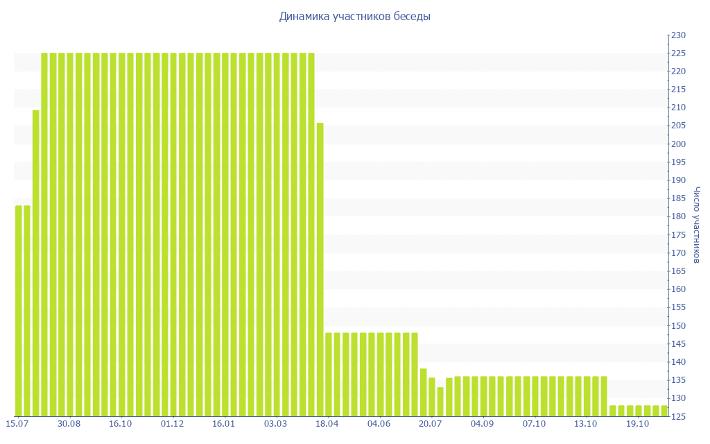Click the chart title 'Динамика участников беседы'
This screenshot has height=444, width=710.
click(354, 17)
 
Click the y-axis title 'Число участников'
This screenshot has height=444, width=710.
click(697, 225)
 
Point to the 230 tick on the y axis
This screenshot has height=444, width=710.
click(677, 35)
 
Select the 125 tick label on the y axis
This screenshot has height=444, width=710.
click(677, 416)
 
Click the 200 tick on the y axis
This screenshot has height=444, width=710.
click(677, 144)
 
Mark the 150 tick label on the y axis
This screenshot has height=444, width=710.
click(677, 326)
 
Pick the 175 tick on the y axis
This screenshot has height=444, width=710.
click(677, 235)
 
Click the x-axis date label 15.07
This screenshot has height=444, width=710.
click(17, 424)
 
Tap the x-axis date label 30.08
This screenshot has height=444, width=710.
click(69, 424)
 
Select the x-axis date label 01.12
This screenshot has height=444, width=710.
click(172, 424)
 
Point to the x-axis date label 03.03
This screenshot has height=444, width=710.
click(275, 424)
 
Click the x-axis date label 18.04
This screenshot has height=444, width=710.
click(327, 424)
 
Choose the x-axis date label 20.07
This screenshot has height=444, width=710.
click(431, 424)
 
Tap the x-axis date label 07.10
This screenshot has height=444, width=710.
click(534, 424)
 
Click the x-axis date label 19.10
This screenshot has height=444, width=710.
click(637, 424)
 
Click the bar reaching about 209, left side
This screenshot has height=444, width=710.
click(36, 264)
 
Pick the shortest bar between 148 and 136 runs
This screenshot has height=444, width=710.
click(440, 402)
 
